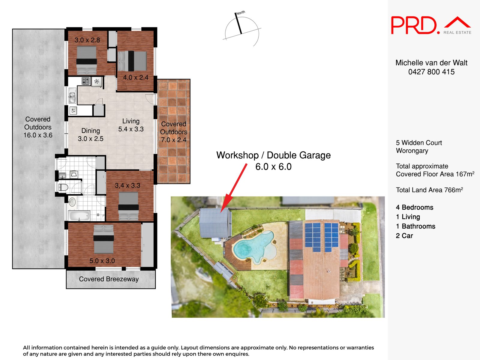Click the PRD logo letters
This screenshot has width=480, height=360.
click(x=414, y=25)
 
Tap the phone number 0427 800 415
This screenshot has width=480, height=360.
click(x=431, y=72)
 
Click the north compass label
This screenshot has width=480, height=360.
click(x=241, y=13)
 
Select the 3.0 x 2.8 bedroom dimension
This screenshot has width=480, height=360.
click(x=87, y=40)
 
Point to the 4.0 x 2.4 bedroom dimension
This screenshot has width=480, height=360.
click(x=136, y=77)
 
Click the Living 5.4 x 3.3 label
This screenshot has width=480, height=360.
click(x=131, y=125)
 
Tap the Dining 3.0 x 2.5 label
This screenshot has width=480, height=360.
click(x=91, y=135)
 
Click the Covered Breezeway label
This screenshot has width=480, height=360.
click(x=109, y=279)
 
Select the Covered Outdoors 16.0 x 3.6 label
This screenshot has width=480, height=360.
click(x=38, y=127)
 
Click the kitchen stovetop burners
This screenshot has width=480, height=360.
click(x=86, y=81)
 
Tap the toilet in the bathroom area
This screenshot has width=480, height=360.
click(x=63, y=187)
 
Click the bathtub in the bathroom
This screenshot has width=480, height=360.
click(x=79, y=216)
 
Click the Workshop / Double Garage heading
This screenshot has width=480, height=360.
click(x=273, y=155)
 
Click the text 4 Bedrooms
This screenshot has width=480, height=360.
click(x=414, y=207)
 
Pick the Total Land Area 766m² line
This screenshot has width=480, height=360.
click(x=429, y=190)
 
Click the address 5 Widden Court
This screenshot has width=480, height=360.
click(x=419, y=143)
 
